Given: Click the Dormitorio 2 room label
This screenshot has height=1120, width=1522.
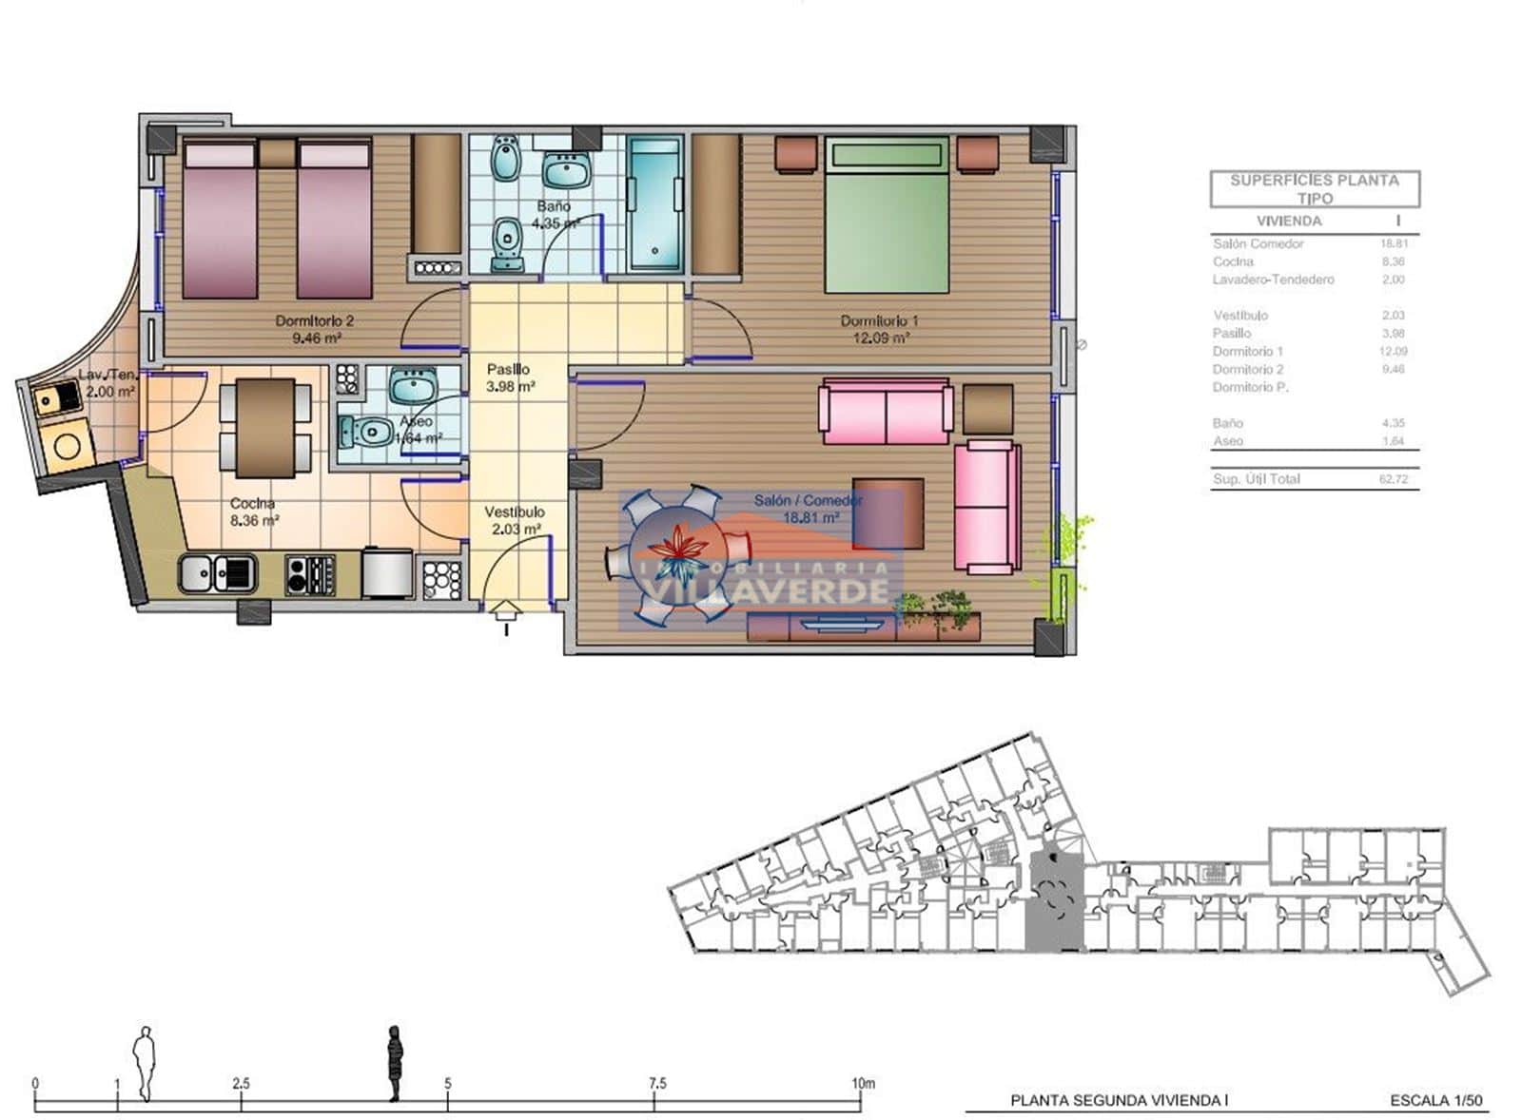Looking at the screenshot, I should click(x=314, y=321).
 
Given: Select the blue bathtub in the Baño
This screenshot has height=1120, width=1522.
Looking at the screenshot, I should click(x=654, y=203).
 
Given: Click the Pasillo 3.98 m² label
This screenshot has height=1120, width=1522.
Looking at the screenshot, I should click(x=510, y=377).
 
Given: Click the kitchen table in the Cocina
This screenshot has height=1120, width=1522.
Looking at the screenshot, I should click(x=265, y=428).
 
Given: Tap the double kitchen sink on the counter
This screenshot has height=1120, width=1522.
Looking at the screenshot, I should click(x=218, y=573).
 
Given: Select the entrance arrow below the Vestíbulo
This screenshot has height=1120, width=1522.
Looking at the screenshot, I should click(x=505, y=613).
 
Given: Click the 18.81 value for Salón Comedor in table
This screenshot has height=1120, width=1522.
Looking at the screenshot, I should click(x=1394, y=243).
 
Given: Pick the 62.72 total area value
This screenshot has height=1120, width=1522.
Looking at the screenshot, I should click(x=1393, y=479).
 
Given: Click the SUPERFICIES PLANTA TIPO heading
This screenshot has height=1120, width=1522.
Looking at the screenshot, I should click(x=1314, y=188).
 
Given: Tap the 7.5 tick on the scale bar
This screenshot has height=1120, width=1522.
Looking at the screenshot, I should click(x=656, y=1084).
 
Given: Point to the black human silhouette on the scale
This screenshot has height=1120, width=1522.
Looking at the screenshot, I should click(x=394, y=1063).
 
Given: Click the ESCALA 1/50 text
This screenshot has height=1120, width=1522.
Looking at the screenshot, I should click(x=1435, y=1101).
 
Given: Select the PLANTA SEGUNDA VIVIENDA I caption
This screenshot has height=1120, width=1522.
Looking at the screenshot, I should click(x=1119, y=1101).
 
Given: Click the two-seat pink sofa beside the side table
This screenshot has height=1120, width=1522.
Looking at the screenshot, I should click(x=886, y=411).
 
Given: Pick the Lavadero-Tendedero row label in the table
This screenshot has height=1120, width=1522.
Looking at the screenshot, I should click(x=1273, y=280).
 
